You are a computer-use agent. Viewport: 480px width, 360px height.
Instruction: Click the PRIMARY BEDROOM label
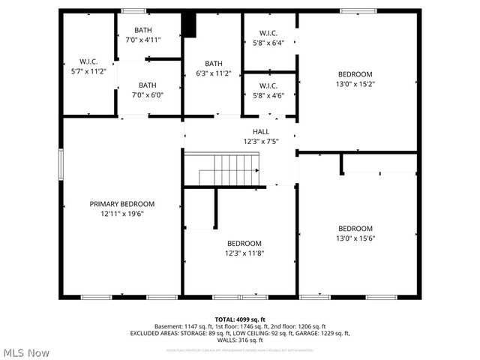click(122, 204)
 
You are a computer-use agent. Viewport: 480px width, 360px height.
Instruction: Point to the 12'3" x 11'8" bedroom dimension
click(244, 253)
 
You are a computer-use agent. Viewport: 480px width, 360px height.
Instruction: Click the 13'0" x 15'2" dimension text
click(355, 84)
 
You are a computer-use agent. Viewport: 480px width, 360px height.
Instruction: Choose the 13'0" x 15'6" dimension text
click(355, 238)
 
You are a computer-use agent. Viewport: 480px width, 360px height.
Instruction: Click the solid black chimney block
click(190, 25)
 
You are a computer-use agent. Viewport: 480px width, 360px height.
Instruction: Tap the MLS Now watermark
click(27, 352)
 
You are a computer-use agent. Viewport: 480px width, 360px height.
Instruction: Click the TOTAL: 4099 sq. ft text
click(240, 319)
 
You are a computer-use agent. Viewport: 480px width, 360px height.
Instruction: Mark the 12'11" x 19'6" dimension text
click(122, 214)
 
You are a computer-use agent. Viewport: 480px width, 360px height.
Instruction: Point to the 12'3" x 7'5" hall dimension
click(261, 141)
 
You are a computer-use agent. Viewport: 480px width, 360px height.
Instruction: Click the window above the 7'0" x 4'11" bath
click(135, 10)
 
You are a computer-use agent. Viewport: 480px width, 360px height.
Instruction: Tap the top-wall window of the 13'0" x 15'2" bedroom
click(354, 10)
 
